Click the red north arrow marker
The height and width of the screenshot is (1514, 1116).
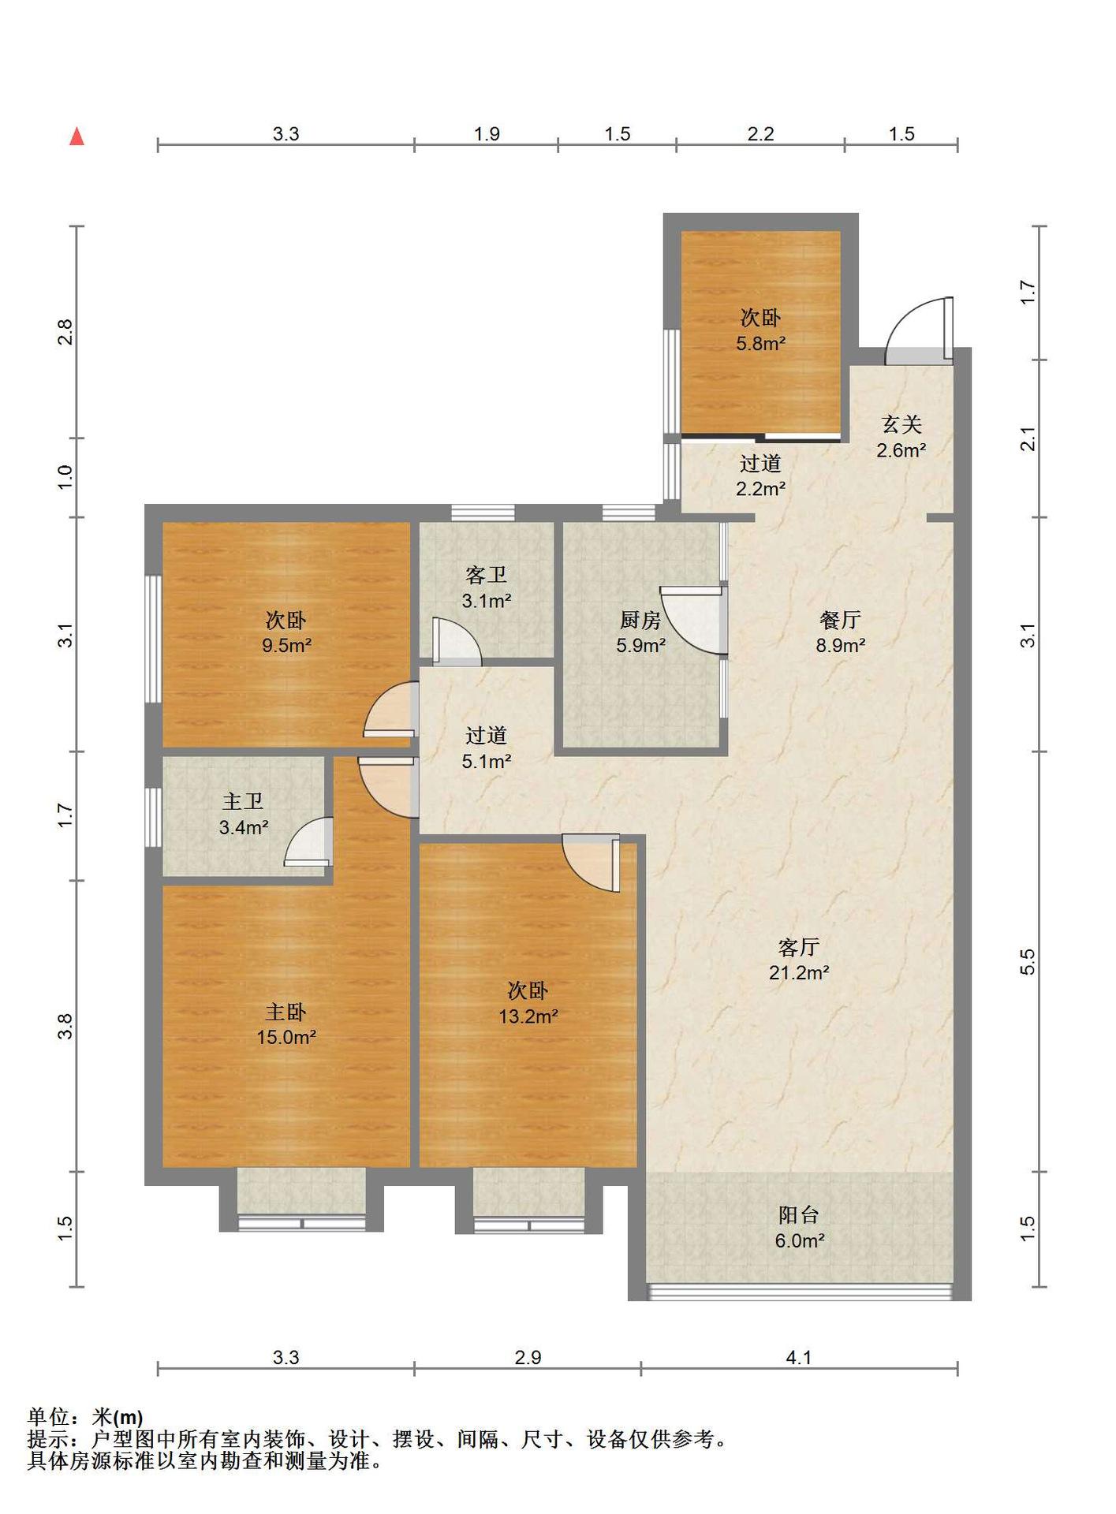[77, 136]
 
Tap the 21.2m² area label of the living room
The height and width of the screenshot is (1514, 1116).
[799, 972]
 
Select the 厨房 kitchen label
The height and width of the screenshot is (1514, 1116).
[640, 621]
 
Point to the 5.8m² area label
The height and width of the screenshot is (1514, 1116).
[760, 343]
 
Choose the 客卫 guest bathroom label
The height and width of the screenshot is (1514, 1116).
[486, 576]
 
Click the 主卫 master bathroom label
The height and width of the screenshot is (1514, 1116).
[243, 802]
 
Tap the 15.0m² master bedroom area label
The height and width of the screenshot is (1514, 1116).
[286, 1037]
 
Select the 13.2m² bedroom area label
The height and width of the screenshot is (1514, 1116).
[528, 1016]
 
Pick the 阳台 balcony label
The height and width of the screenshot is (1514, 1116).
[799, 1215]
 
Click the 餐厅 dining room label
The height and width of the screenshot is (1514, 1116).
[840, 621]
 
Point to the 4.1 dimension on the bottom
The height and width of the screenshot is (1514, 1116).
[799, 1357]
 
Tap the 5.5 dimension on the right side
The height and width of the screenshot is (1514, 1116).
[1027, 961]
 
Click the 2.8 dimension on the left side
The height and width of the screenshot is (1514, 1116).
[65, 332]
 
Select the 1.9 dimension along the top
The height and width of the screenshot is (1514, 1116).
[487, 134]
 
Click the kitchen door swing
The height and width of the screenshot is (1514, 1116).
[692, 620]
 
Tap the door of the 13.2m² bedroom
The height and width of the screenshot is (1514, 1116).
[591, 863]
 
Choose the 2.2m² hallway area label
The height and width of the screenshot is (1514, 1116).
[760, 489]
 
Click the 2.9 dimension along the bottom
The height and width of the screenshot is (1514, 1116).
[528, 1357]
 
